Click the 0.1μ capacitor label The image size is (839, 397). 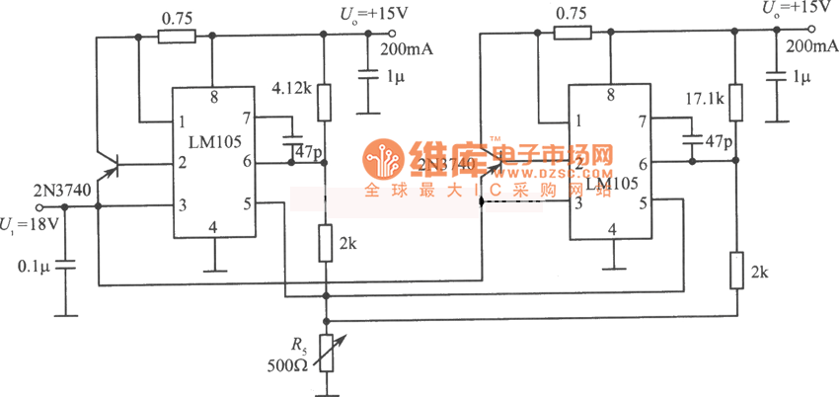tap(33, 265)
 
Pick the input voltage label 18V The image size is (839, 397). tap(39, 223)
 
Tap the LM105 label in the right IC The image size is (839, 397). tap(609, 184)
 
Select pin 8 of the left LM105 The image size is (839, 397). tap(213, 98)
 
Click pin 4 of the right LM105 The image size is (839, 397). tap(612, 229)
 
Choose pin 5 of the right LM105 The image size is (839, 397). tap(643, 203)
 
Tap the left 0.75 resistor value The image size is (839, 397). tap(176, 17)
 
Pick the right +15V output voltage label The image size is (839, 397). tap(796, 7)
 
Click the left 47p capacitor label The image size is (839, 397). tap(308, 151)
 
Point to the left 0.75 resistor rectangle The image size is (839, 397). tap(176, 37)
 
